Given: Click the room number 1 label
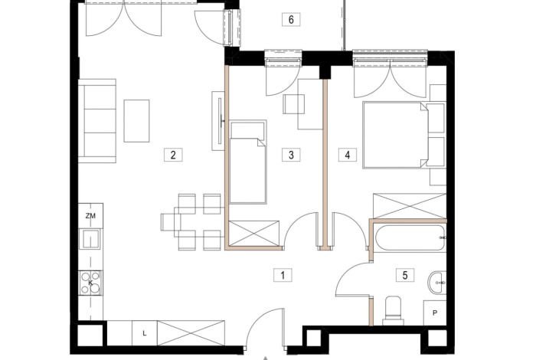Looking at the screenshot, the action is pos(283,275).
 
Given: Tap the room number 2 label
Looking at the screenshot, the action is pos(173,155).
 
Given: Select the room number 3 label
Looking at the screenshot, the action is pos(291,155).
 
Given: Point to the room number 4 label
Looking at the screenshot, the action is pos(348,155).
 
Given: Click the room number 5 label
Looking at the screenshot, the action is pos(405,275).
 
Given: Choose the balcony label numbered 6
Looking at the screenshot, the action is pos(291,19).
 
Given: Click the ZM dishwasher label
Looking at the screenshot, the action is pos(90,216).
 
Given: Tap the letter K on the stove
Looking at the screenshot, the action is pos(90,283).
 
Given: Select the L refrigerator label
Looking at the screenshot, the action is pos(145,333).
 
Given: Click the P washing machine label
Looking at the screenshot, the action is pos(435,313).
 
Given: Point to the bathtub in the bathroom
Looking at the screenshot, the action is pos(410,238).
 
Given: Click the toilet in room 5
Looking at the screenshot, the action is pos(393,311).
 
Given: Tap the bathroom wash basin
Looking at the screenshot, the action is pos(437,283).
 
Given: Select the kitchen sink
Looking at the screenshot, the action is pos(90,239).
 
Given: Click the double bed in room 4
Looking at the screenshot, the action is pos(396,135).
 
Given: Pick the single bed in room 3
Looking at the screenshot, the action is pos(248,162).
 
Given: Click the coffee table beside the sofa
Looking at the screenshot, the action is pos(137,121).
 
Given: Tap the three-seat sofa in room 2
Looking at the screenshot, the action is pos(97,121).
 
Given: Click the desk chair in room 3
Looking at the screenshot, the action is pos(293,104).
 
